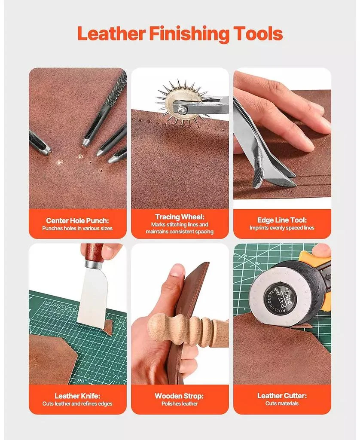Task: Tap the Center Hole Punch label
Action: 77,220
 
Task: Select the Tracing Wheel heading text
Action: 180,217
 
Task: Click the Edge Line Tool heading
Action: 282,220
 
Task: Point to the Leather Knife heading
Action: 77,396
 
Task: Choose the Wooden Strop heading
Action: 180,396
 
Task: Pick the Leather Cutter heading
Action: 282,396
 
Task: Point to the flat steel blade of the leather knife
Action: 92,296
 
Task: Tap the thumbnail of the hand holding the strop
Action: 177,270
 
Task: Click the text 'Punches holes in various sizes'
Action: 77,229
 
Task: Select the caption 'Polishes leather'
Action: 180,404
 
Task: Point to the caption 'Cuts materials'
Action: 282,403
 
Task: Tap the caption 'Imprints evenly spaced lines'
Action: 282,228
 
